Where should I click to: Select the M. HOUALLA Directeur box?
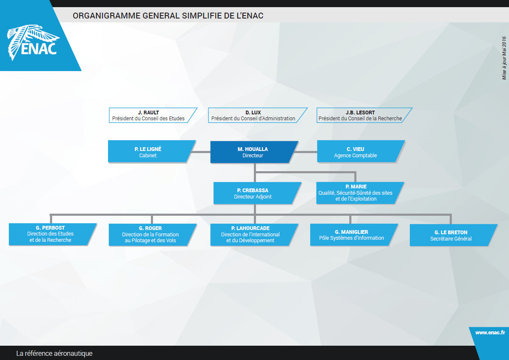pyautogui.click(x=253, y=152)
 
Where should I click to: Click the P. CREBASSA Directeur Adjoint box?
pyautogui.click(x=256, y=193)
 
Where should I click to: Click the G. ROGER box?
pyautogui.click(x=150, y=234)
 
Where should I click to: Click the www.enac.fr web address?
pyautogui.click(x=490, y=332)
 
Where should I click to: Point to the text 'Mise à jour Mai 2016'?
pyautogui.click(x=504, y=57)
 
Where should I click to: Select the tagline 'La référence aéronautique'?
pyautogui.click(x=54, y=353)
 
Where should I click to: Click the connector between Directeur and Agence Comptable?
pyautogui.click(x=307, y=152)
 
